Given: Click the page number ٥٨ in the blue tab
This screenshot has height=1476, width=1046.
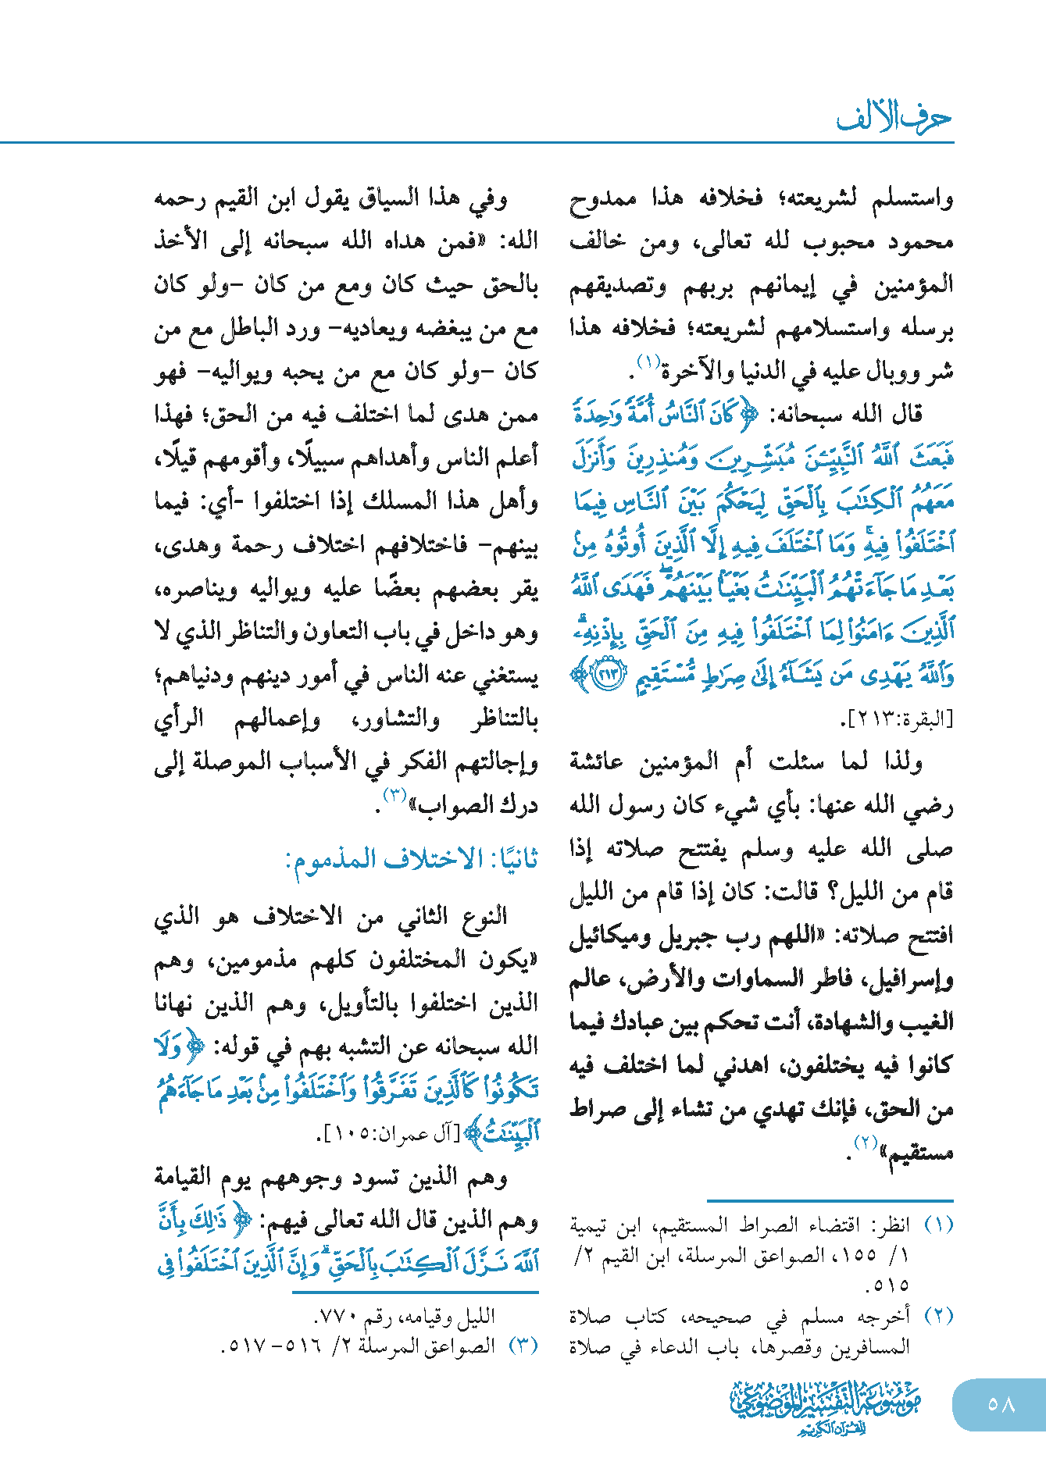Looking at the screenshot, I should tap(1001, 1404).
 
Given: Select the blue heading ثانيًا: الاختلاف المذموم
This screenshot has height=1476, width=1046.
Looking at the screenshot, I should tap(412, 860).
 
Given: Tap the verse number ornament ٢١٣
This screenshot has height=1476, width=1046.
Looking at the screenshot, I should tap(609, 675).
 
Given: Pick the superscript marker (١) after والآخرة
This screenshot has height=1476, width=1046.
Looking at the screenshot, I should tap(648, 362).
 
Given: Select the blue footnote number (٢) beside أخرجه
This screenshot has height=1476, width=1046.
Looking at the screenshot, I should tap(938, 1316).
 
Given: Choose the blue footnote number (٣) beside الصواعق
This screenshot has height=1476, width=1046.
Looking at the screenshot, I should tap(523, 1346).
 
